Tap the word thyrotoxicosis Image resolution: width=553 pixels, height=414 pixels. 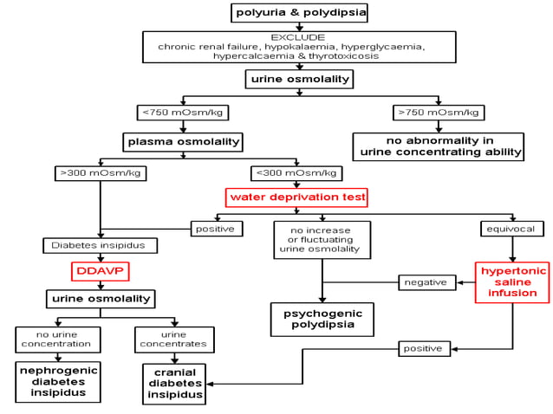point(348,55)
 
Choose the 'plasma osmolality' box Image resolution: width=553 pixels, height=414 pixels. point(183,141)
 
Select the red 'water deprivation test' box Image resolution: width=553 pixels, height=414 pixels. point(296,197)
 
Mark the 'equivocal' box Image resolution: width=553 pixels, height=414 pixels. point(512,229)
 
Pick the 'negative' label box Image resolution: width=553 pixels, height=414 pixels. point(426,282)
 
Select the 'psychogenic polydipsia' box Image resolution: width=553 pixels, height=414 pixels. point(322,319)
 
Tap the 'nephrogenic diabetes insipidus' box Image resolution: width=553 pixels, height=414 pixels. point(57,381)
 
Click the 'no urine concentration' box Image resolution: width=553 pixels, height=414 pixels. point(57,339)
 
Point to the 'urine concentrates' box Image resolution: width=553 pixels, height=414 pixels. point(174,339)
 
